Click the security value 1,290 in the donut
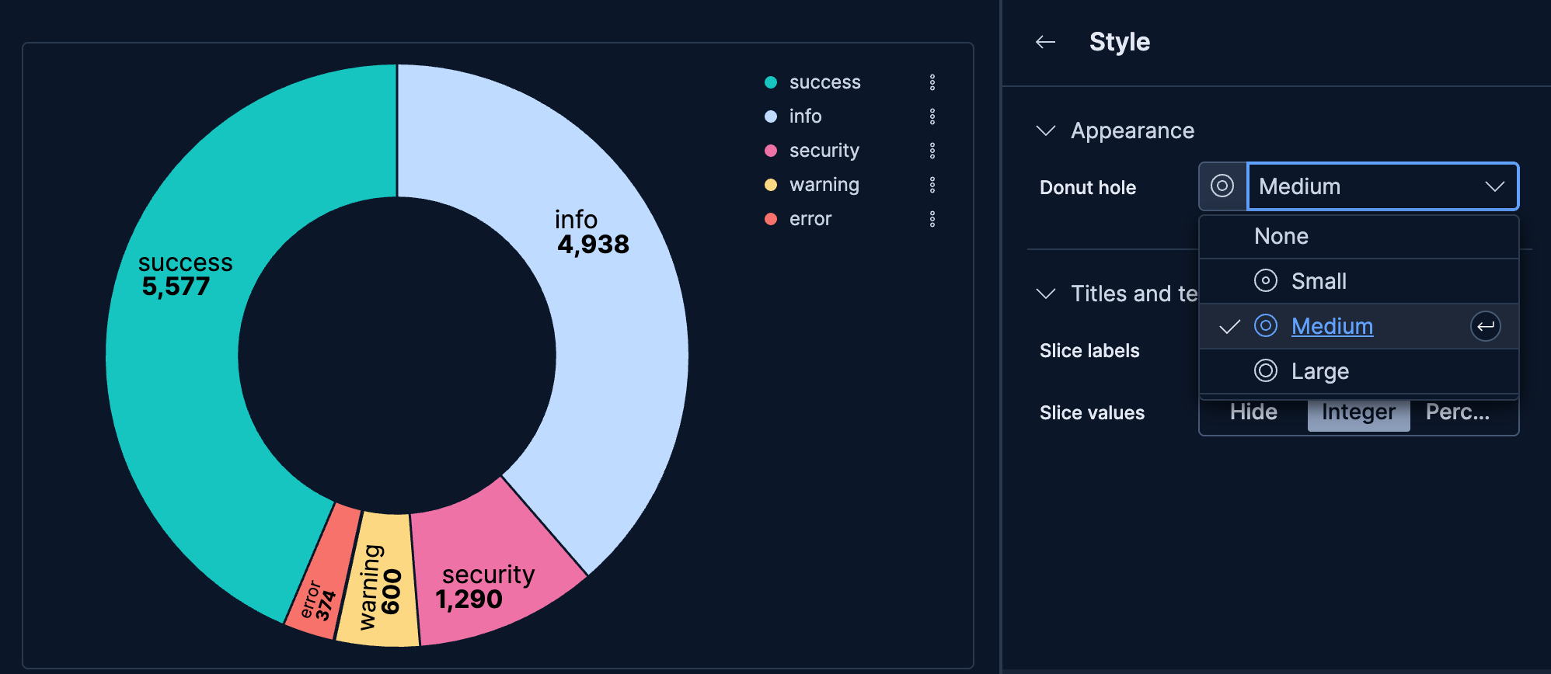coord(469,599)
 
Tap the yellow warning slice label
coord(370,587)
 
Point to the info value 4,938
coord(593,245)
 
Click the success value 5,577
coord(176,287)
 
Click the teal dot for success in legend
coord(771,82)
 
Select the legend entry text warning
coord(824,185)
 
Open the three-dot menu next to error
coord(932,219)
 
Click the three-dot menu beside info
coord(932,116)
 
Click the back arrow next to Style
coord(1046,42)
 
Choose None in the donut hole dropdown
coord(1281,236)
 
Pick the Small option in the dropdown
coord(1319,281)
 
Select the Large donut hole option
coord(1319,371)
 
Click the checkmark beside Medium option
coord(1229,327)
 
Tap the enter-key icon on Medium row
coord(1485,327)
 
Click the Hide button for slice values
coord(1253,412)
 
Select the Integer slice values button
coord(1358,412)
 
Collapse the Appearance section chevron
coord(1046,130)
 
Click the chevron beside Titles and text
coord(1046,294)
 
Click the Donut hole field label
coord(1088,188)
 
